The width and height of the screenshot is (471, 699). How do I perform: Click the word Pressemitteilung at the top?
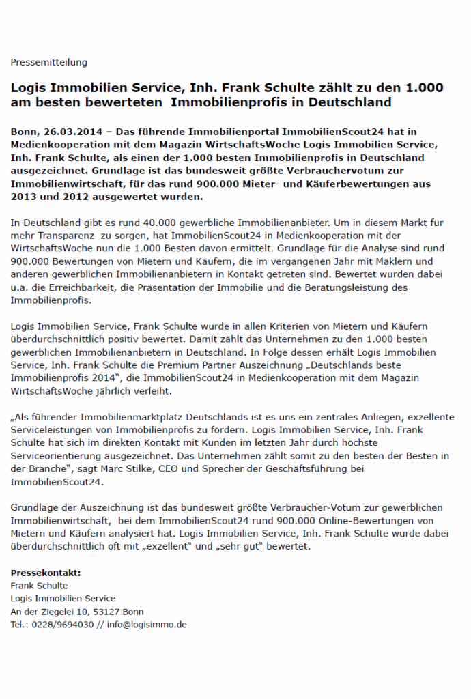49,62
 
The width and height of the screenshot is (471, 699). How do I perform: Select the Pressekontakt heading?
46,573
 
